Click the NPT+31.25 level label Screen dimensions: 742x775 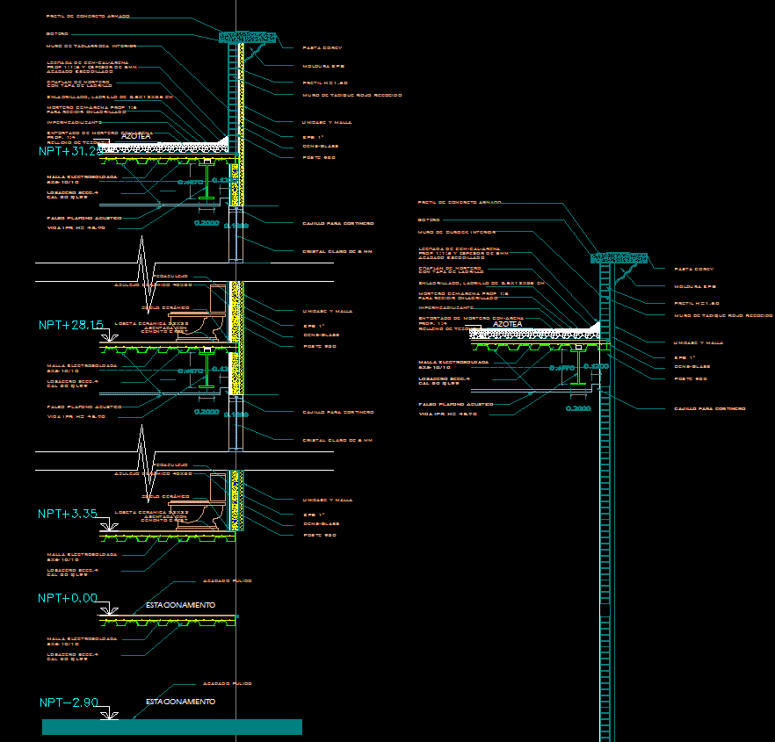[x=69, y=151]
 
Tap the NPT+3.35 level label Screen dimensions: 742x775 [x=68, y=513]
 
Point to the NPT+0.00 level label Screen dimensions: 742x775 [x=68, y=598]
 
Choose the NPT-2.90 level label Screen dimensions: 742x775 [x=68, y=702]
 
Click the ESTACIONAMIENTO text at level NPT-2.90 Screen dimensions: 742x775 [x=180, y=702]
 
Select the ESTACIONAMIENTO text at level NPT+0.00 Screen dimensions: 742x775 [x=180, y=605]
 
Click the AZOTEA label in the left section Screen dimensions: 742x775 [x=137, y=137]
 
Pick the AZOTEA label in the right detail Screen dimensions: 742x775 [x=508, y=324]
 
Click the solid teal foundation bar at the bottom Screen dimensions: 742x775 [x=171, y=727]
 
